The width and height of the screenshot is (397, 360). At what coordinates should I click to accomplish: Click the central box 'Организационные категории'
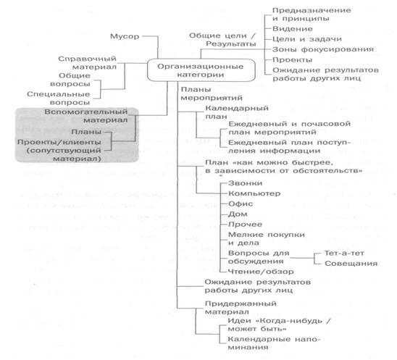201,70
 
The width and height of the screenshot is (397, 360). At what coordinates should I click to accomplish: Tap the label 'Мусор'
125,36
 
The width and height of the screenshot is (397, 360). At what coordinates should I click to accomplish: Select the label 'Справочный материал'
88,63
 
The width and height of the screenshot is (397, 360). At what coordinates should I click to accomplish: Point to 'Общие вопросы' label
70,80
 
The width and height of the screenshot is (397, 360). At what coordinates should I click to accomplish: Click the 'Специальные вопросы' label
59,99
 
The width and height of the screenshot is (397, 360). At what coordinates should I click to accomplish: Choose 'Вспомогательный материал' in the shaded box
86,116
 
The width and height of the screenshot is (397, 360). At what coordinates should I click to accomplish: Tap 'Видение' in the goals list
293,29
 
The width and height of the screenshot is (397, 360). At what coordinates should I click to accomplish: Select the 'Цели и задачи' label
307,39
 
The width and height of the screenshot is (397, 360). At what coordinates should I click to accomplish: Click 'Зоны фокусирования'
323,49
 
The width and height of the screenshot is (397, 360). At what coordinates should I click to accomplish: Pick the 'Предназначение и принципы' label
312,14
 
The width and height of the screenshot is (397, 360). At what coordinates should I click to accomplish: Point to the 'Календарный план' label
237,112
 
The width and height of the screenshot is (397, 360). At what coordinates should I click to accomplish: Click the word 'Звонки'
245,183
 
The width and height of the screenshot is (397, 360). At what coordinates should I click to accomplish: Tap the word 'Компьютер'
254,193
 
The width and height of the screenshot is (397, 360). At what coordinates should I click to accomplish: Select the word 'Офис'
241,204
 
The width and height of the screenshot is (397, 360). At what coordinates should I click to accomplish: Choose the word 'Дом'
238,214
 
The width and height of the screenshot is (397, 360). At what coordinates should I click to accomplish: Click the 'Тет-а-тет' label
344,254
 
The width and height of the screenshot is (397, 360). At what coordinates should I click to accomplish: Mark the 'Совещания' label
351,264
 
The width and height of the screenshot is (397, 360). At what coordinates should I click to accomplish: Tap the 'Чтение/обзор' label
261,272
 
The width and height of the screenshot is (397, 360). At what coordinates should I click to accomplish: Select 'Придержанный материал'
241,307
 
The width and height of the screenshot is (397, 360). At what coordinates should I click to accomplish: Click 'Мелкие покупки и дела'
267,239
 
